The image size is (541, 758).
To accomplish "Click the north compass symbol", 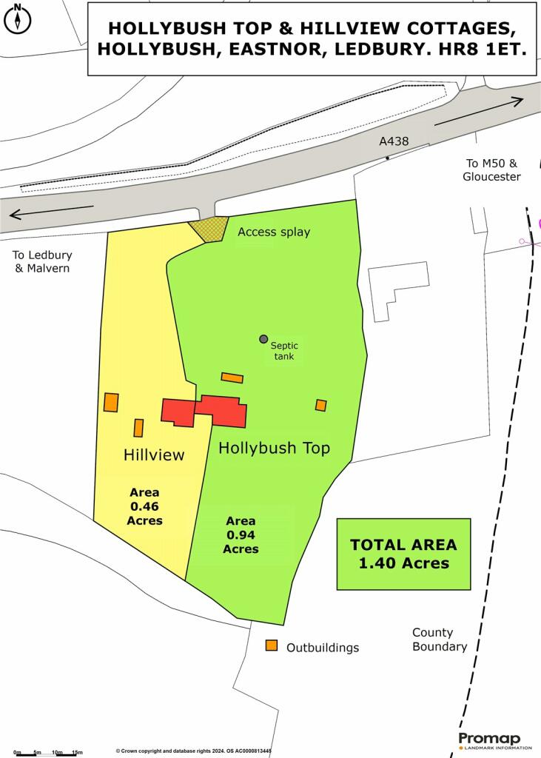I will click(18, 19).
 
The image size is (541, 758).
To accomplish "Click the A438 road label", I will click(394, 141).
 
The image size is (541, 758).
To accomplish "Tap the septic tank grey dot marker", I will click(263, 339).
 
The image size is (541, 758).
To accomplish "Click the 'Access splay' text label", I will click(274, 232).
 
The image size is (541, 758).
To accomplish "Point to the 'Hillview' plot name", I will click(153, 455).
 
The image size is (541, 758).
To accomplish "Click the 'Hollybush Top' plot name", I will click(274, 448).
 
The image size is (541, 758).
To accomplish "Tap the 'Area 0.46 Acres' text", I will click(146, 506).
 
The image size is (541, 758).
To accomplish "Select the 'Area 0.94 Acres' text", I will click(241, 534).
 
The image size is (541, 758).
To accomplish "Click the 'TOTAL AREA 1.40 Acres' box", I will click(403, 554).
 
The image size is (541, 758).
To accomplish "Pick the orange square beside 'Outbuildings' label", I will click(272, 645).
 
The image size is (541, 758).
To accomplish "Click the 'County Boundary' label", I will click(440, 640).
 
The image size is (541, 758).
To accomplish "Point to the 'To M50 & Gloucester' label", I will click(491, 170).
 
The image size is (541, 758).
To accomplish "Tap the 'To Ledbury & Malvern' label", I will click(42, 261).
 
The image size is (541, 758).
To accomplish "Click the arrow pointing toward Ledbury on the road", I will click(52, 212).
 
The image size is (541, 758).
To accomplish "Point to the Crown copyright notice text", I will click(193, 751).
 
